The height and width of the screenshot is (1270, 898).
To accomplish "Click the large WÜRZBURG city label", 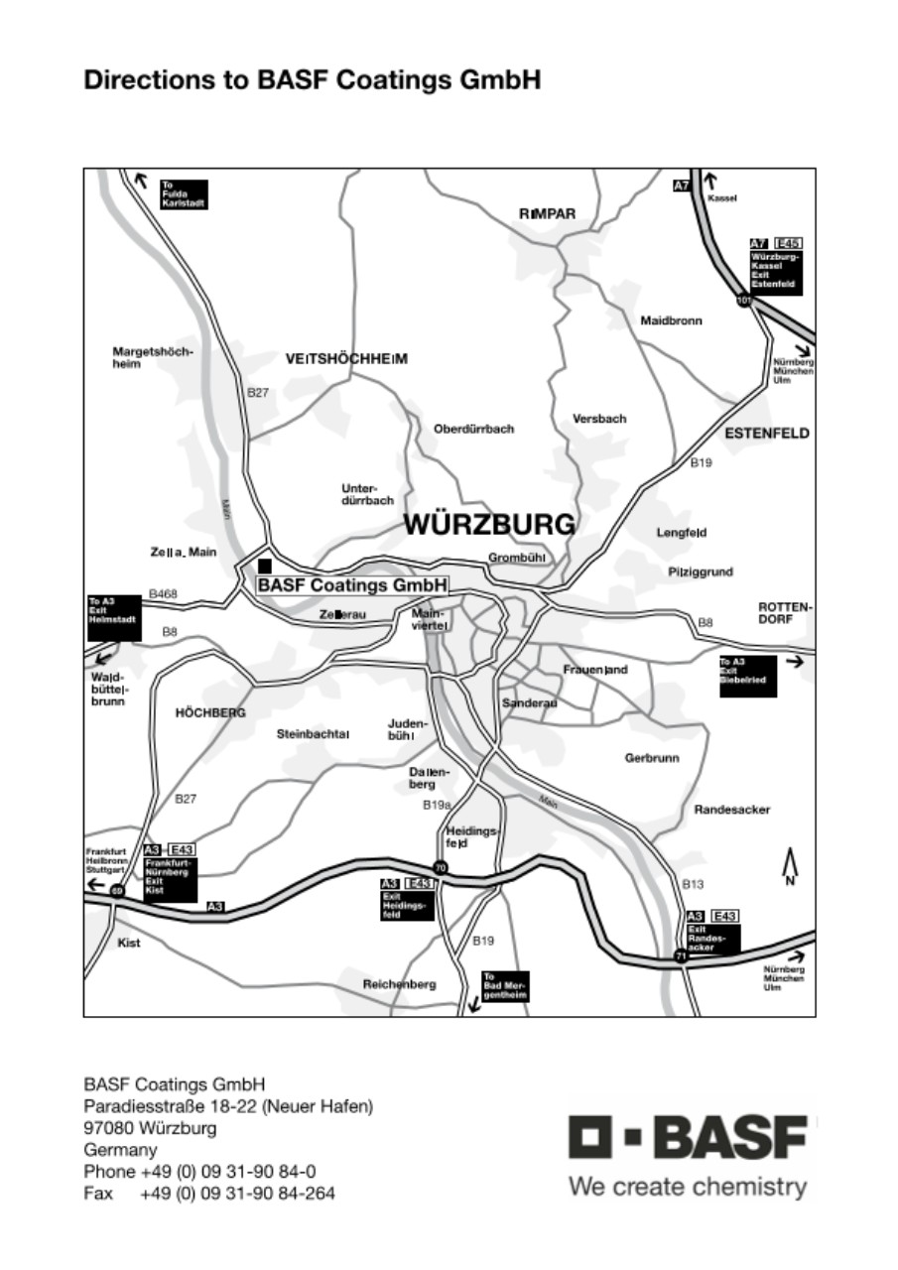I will point(489,524).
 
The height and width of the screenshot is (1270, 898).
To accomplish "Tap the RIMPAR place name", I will point(547,214).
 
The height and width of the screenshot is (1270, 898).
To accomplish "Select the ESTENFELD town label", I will point(767,434).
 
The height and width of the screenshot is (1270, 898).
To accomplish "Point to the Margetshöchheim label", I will point(153,357).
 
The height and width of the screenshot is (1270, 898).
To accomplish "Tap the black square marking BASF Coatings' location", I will point(265,566).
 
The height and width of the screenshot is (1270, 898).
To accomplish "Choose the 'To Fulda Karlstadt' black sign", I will point(184,193).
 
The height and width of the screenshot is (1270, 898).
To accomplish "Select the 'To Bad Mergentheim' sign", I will point(505,986).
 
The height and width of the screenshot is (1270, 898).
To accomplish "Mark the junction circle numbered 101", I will point(743,300).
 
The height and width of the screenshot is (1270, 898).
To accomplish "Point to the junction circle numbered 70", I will point(441,868).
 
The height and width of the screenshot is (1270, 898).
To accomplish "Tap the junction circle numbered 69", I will point(117,890).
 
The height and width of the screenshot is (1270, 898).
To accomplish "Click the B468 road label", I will point(163,594).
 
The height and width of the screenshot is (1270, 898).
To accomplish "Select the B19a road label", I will point(437,805).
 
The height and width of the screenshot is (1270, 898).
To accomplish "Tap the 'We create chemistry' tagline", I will point(688,1187).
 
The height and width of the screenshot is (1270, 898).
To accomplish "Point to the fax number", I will point(237,1194).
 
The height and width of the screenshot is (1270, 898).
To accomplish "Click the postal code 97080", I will point(110,1128).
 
